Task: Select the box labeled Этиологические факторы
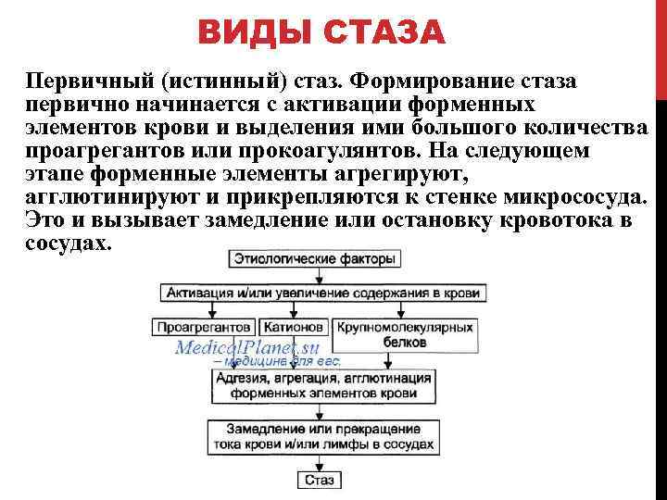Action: [315, 259]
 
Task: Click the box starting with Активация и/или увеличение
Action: [322, 293]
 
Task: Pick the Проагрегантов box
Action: [204, 327]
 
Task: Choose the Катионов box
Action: [294, 327]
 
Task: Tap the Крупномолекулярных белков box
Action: [405, 334]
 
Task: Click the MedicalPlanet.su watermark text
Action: [247, 348]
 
